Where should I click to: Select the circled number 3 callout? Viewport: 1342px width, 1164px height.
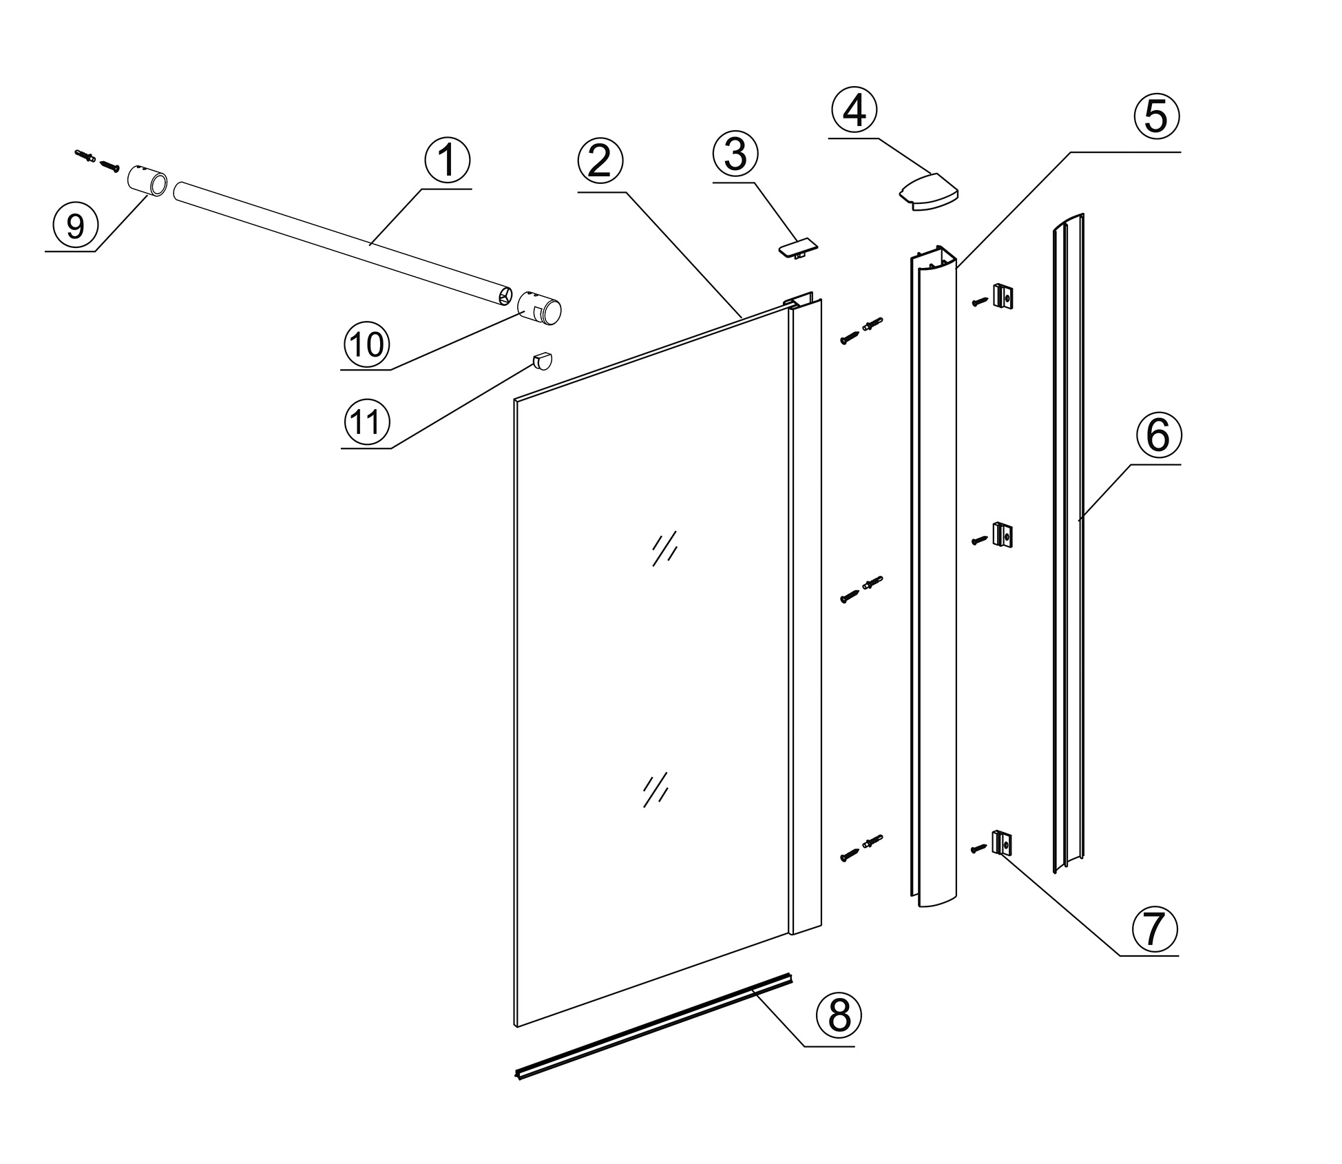coord(735,154)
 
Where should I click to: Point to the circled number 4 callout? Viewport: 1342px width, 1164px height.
coord(854,112)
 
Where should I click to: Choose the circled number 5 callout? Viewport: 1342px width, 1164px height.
coord(1156,116)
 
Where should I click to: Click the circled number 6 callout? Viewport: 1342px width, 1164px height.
coord(1157,435)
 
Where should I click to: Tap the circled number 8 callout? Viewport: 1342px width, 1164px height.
coord(839,1015)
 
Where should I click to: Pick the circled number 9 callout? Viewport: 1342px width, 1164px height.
coord(76,225)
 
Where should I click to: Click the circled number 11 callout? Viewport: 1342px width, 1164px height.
coord(366,422)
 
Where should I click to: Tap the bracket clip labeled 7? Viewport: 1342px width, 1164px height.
coord(1002,842)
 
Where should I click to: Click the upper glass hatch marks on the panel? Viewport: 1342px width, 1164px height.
coord(664,548)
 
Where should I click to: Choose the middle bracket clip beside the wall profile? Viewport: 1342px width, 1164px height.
coord(1002,534)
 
